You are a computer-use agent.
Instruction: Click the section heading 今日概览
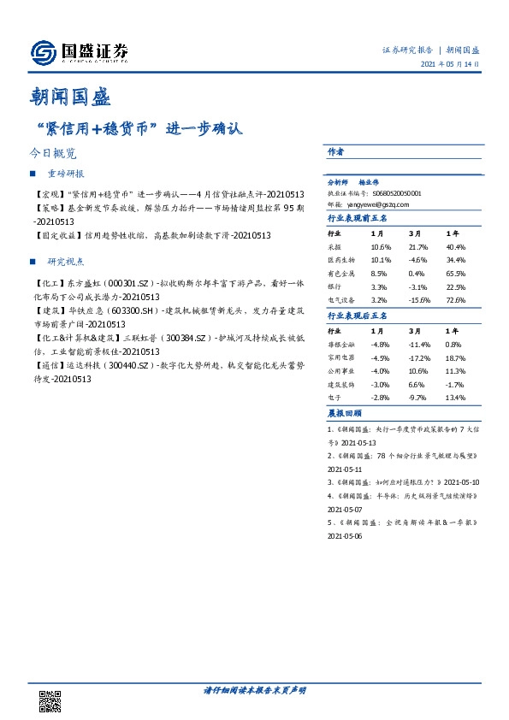[x=53, y=154]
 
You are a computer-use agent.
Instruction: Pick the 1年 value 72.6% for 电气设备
[x=456, y=300]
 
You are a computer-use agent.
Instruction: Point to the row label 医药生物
[x=340, y=259]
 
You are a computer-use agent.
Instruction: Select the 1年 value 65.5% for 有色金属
[x=456, y=273]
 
